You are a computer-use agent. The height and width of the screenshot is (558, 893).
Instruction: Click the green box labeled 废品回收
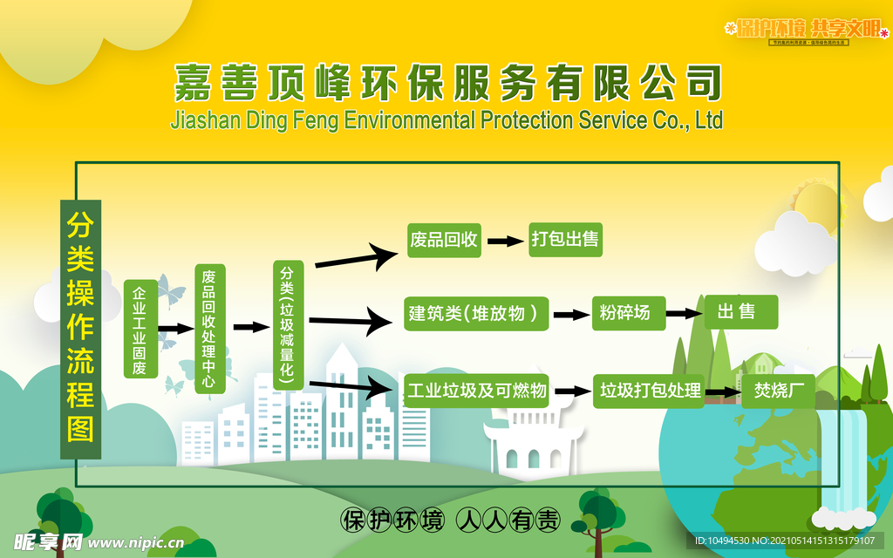(x=444, y=240)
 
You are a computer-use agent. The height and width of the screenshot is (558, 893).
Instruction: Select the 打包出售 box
(x=565, y=240)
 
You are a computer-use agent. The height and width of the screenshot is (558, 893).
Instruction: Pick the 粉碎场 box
(x=628, y=313)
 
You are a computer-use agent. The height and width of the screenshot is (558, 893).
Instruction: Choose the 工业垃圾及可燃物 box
(x=477, y=391)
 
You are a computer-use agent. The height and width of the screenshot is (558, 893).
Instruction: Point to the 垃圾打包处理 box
(x=650, y=391)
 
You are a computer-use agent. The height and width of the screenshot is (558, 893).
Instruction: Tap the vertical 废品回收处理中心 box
(x=209, y=329)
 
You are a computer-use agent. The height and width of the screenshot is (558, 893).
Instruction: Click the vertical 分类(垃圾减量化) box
(x=288, y=324)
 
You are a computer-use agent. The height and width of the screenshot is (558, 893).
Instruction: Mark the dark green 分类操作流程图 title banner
(x=81, y=330)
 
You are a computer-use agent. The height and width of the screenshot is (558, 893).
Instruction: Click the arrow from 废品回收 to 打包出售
(x=504, y=241)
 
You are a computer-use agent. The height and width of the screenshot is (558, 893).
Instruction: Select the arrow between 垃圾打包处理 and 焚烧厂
(x=722, y=392)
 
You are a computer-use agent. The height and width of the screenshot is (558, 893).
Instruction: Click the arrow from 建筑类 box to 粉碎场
(x=571, y=315)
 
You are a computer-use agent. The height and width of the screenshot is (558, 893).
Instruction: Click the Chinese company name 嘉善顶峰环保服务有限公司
(x=447, y=83)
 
